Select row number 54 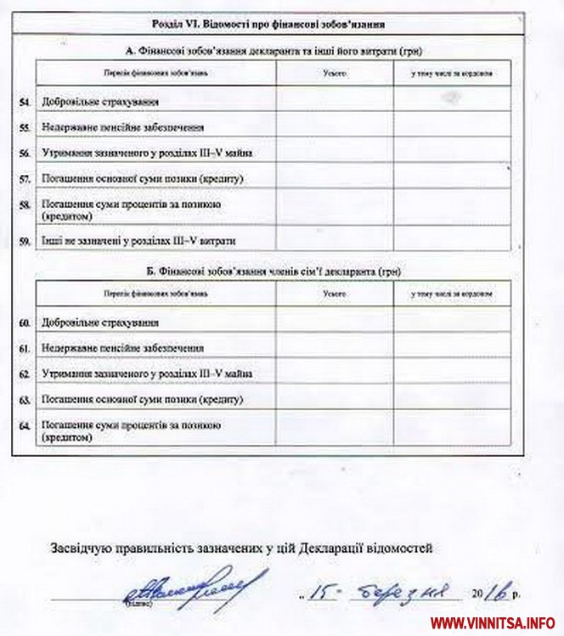[25, 102]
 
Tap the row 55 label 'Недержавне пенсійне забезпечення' [123, 127]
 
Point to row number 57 [25, 179]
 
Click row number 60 [25, 323]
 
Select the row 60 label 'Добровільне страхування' [100, 323]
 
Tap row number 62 [25, 373]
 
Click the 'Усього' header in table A [335, 74]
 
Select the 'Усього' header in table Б [335, 293]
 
